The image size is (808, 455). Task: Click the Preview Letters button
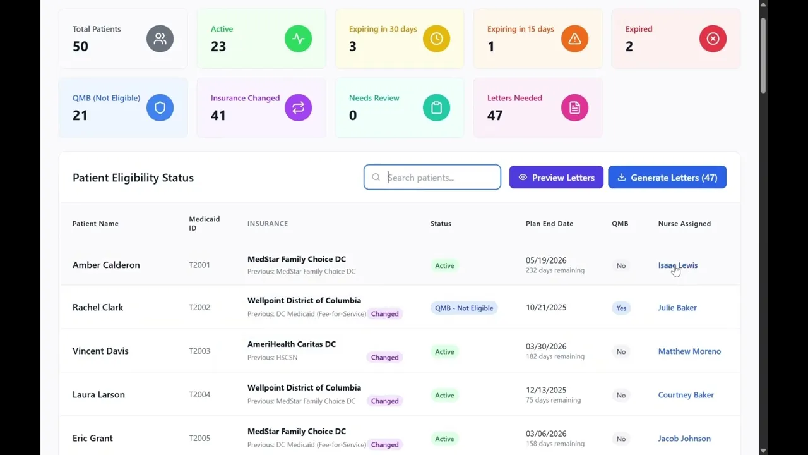tap(556, 178)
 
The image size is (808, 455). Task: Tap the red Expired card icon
tap(713, 39)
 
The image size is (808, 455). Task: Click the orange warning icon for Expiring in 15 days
tap(574, 39)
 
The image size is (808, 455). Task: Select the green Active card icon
tap(298, 39)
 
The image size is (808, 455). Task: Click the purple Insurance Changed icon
tap(298, 107)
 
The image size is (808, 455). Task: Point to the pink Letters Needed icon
tap(574, 107)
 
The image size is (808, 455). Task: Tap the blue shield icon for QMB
tap(160, 107)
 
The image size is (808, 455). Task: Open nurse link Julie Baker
tap(677, 308)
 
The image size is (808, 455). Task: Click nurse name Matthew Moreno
tap(689, 351)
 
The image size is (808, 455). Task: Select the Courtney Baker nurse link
tap(686, 395)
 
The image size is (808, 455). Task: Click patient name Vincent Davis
tap(100, 351)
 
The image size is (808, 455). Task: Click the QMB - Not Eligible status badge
tap(464, 308)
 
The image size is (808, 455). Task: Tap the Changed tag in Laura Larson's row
tap(384, 401)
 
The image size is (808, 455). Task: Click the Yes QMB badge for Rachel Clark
tap(621, 308)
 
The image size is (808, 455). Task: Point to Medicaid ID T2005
tap(199, 438)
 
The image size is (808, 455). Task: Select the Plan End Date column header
tap(549, 224)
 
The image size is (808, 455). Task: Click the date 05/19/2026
tap(546, 260)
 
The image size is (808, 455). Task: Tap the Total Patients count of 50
tap(80, 46)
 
